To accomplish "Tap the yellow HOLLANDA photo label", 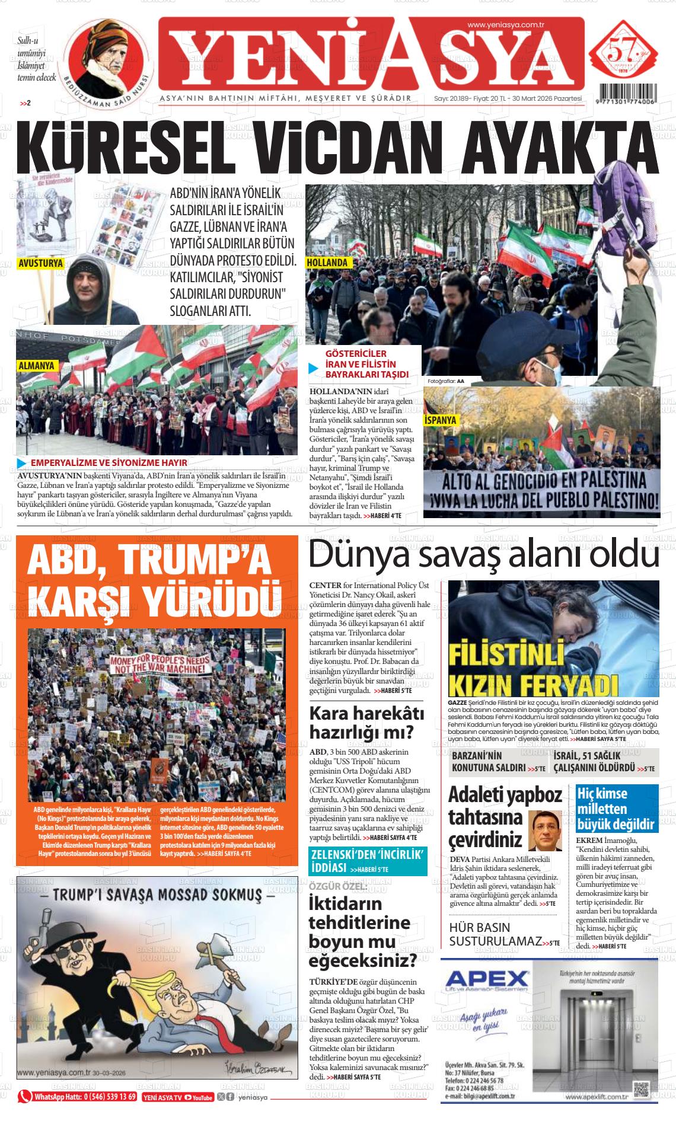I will [x=328, y=262].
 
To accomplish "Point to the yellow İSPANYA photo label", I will [x=441, y=420].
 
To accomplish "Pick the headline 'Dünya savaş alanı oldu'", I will [x=483, y=555].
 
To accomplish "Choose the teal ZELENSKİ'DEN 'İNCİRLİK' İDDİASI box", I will [x=368, y=862].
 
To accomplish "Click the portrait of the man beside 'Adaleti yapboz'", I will [x=544, y=830].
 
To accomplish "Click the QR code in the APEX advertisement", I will [x=642, y=1089].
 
